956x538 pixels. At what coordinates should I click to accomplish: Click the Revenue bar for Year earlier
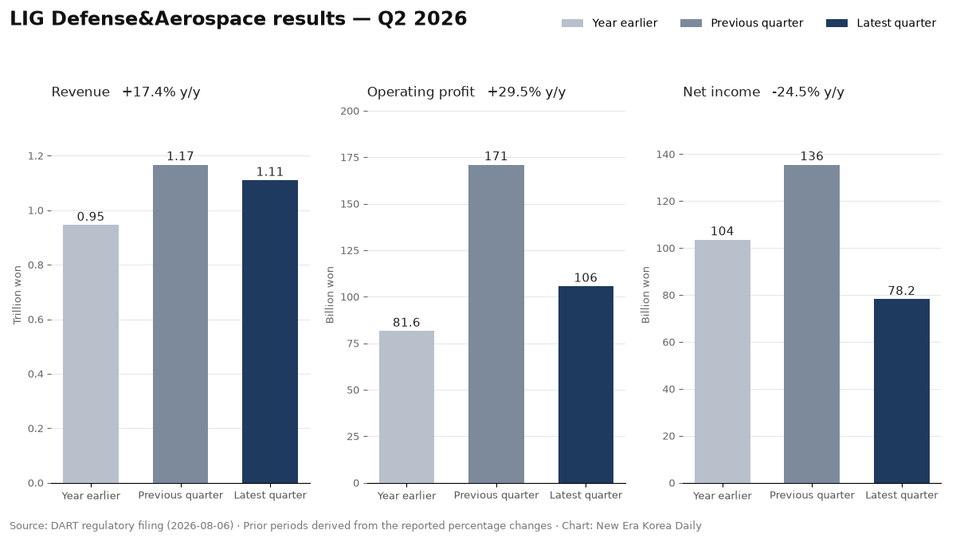point(91,354)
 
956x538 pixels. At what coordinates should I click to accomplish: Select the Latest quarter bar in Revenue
point(270,332)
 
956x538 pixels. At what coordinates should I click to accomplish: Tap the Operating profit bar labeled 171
point(496,324)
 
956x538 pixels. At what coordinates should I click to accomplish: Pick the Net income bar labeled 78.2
point(902,391)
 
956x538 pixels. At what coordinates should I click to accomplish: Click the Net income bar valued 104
point(723,362)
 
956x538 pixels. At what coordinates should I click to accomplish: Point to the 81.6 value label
point(406,323)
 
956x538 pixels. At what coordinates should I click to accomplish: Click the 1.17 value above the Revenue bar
point(180,156)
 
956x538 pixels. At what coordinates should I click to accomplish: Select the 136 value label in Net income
point(812,156)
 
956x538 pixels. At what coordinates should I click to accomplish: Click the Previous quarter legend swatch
point(691,23)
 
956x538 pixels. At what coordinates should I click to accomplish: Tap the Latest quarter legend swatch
point(837,23)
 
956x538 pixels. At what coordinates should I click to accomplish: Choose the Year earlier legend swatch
point(572,23)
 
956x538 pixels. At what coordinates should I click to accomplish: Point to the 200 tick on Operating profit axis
point(350,112)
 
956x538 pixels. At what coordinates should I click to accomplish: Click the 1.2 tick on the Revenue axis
point(36,156)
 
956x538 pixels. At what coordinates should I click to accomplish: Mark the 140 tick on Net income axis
point(666,155)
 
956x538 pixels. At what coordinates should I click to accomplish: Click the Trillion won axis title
point(17,295)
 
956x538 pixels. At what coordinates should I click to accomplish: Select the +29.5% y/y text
point(527,92)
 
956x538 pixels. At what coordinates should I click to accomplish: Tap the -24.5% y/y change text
point(809,92)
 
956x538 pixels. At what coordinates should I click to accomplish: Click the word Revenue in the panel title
point(80,92)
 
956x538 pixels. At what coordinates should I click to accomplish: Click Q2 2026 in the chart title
point(422,19)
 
